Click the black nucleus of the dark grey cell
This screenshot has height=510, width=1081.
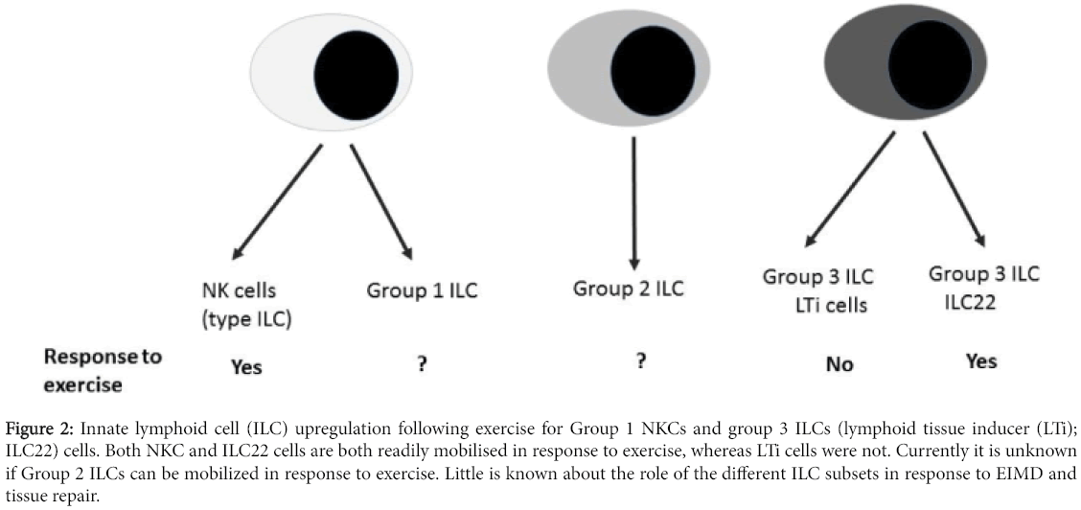(x=931, y=68)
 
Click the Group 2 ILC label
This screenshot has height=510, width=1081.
(x=629, y=289)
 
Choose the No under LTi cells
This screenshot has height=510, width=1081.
(x=839, y=364)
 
